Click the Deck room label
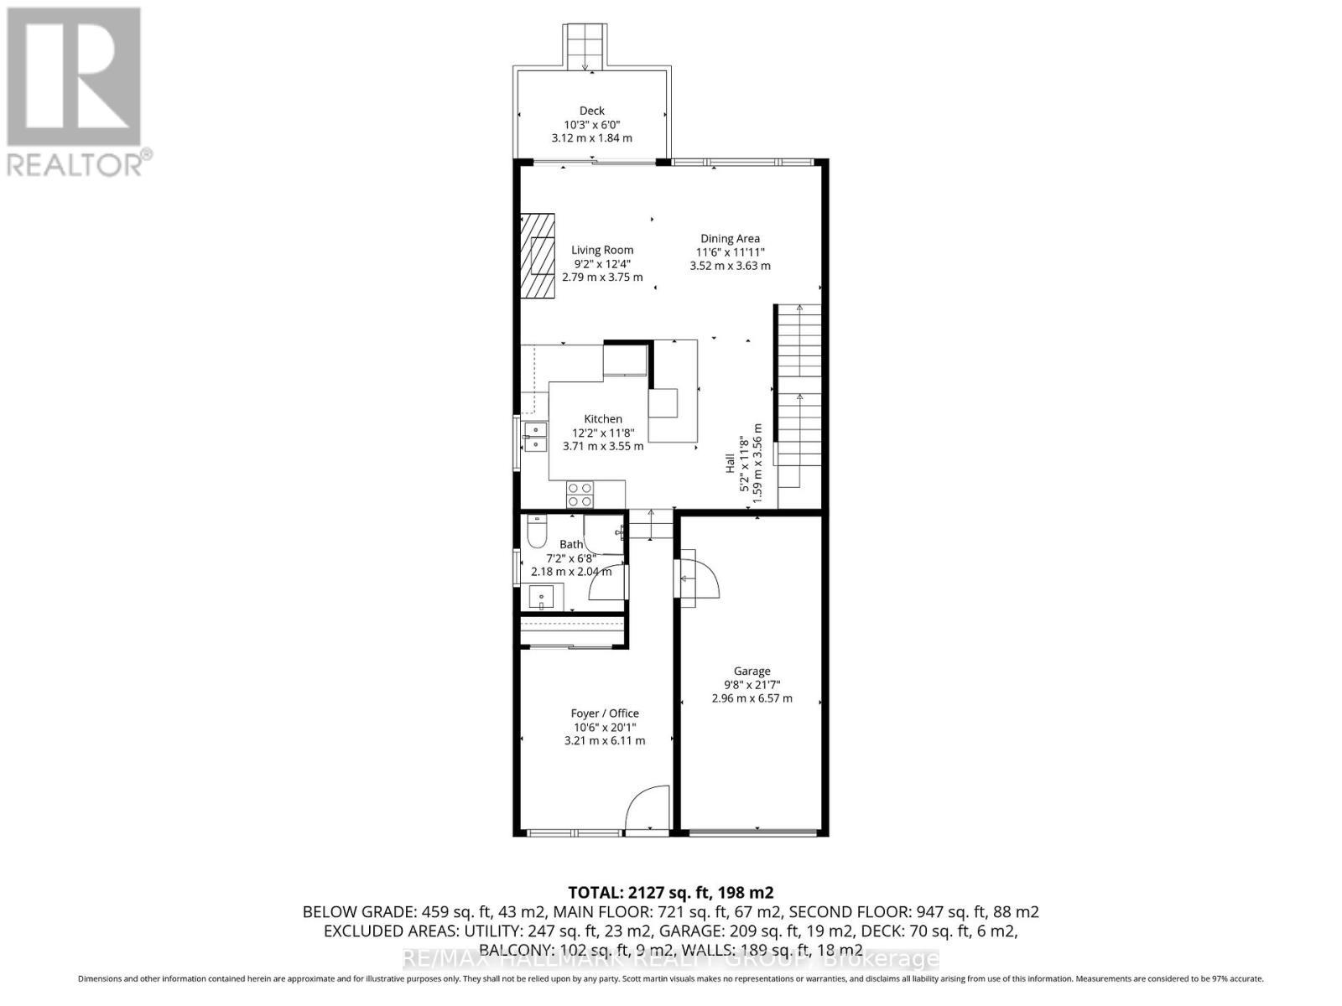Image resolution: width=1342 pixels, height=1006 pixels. (591, 111)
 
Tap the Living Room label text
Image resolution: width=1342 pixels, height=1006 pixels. (602, 250)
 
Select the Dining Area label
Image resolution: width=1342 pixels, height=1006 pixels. (730, 239)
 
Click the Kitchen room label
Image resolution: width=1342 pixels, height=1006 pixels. (603, 419)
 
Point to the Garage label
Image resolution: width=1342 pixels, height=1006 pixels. (752, 671)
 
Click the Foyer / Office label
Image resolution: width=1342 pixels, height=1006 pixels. (605, 713)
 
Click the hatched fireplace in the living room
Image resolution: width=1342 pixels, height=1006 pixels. (537, 256)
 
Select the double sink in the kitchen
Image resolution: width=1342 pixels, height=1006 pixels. (534, 437)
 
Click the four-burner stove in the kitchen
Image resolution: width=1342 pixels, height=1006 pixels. (580, 495)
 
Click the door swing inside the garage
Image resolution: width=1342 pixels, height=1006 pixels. (698, 578)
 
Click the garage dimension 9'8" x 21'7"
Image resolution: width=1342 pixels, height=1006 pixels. (752, 685)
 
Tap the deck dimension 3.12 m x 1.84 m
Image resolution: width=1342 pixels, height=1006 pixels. (591, 138)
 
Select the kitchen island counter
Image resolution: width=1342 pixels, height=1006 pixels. (675, 391)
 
